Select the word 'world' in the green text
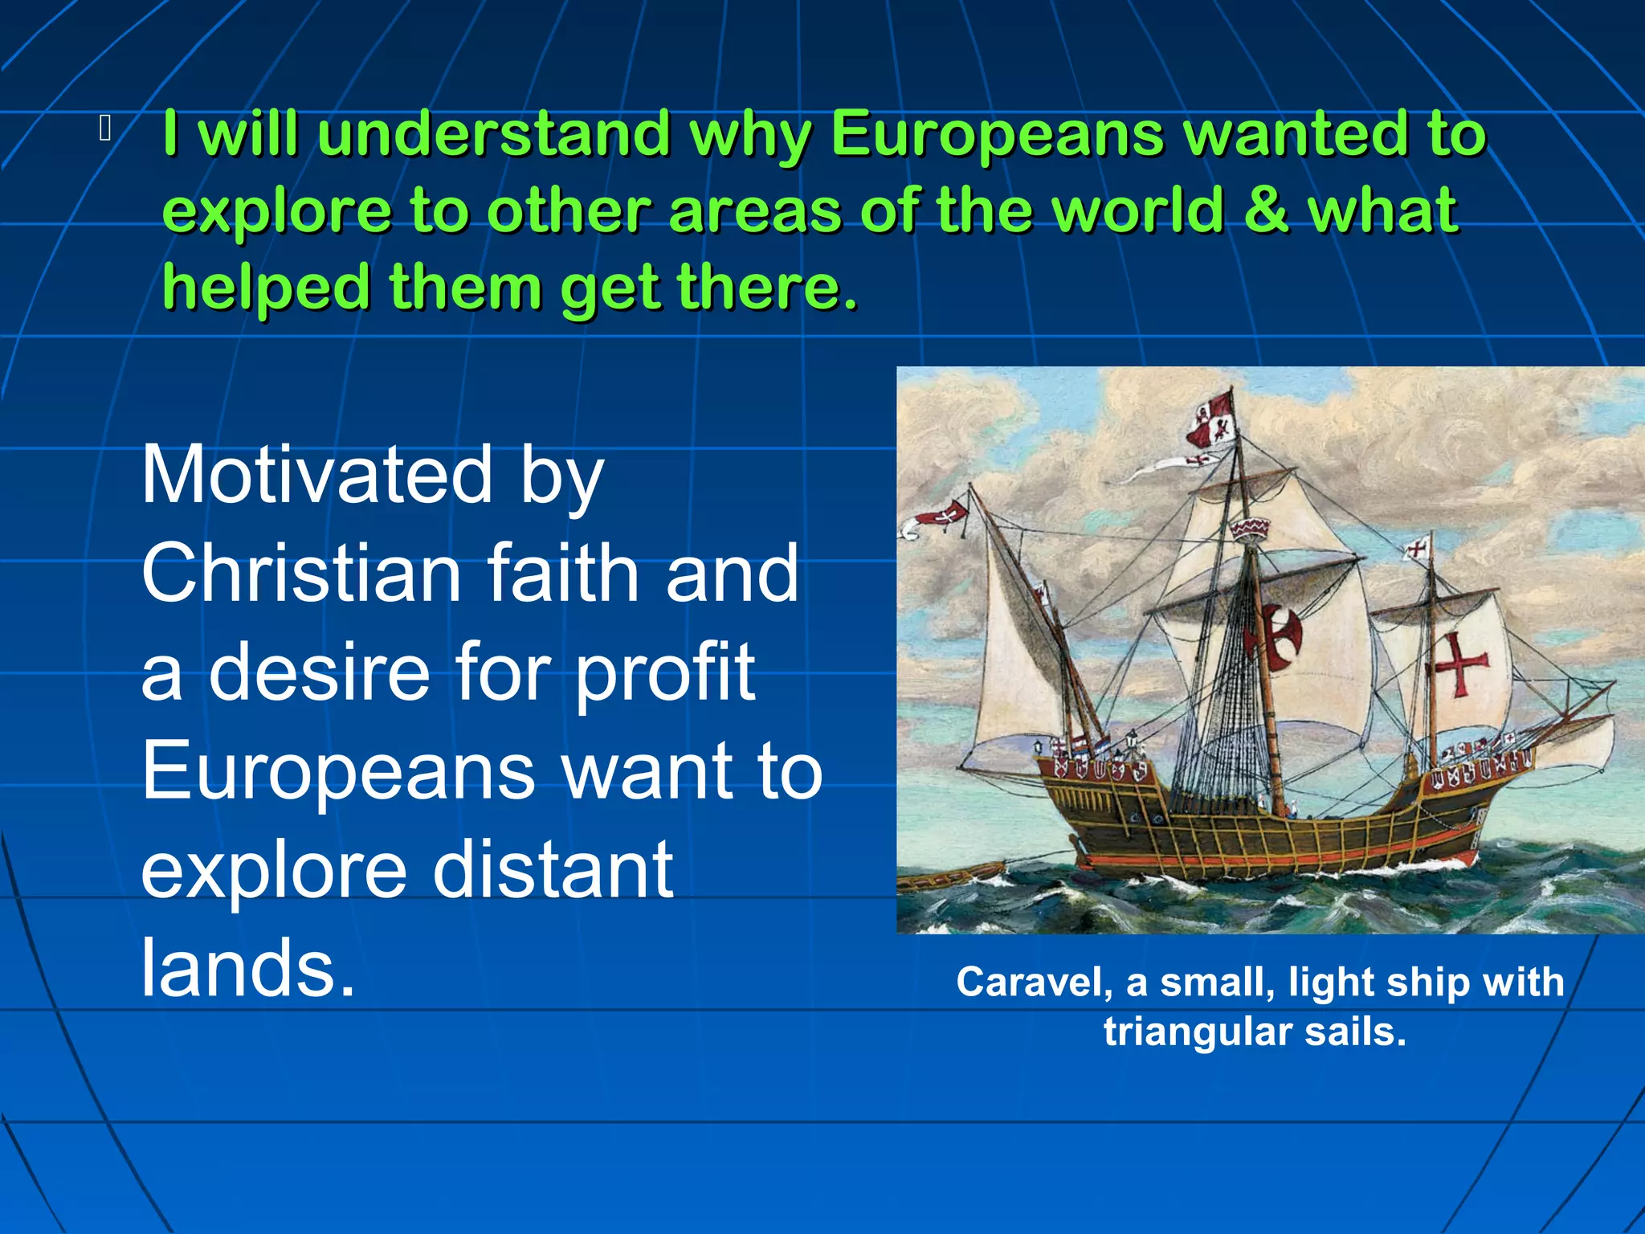coord(1138,210)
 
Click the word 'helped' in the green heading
coord(266,288)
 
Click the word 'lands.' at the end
coord(247,968)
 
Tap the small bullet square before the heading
coord(105,129)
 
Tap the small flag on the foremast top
coord(1418,550)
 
